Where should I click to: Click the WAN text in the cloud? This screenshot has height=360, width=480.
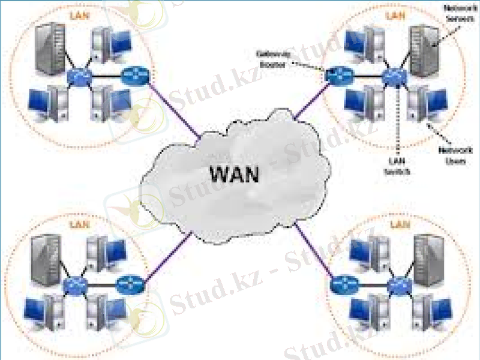(x=234, y=174)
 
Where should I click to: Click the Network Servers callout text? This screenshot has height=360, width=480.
(x=457, y=14)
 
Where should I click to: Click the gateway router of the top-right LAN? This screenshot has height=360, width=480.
(x=334, y=76)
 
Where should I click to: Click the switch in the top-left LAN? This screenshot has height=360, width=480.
(x=78, y=76)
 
